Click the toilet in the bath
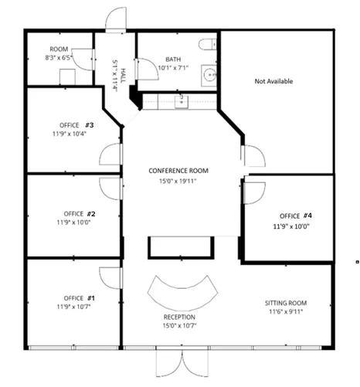(207, 45)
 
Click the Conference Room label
(178, 171)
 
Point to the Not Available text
(273, 81)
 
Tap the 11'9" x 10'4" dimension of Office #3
(70, 134)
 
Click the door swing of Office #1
(110, 278)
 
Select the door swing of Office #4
(255, 193)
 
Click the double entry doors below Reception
(182, 363)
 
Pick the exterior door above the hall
(116, 19)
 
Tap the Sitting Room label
(286, 303)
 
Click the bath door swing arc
(147, 69)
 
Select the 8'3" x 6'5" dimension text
(59, 58)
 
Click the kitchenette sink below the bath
(182, 102)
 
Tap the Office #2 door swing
(110, 188)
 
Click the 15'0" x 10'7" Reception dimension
(179, 326)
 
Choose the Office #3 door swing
(110, 154)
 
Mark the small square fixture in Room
(67, 76)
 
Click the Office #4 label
(296, 216)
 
